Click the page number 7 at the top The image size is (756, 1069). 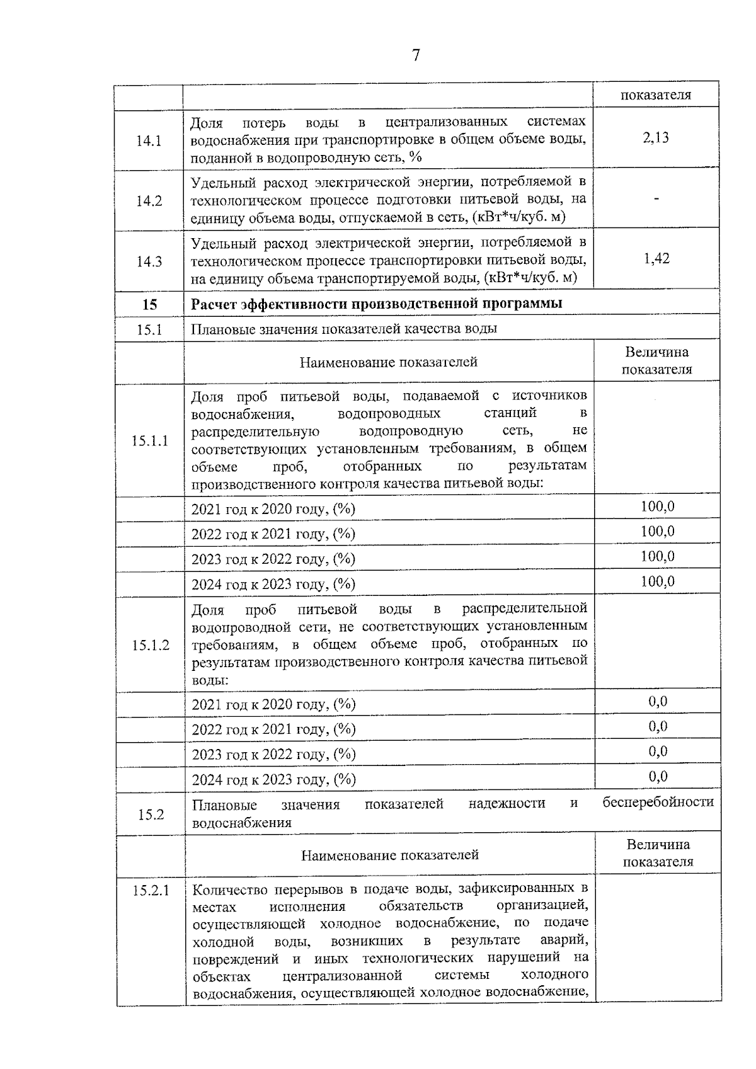tap(416, 56)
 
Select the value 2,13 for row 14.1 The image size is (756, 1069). tap(656, 138)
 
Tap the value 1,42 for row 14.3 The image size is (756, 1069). tap(656, 258)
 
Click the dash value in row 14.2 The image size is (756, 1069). tap(656, 200)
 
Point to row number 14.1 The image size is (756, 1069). tap(149, 140)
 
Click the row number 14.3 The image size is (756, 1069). tap(149, 261)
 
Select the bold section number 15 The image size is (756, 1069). tap(149, 305)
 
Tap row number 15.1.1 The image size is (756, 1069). tap(150, 440)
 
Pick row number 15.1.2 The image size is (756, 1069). tap(150, 645)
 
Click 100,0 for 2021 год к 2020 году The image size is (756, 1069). tap(657, 506)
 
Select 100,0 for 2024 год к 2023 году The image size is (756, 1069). tap(657, 581)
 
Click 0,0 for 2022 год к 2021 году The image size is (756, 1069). tap(658, 726)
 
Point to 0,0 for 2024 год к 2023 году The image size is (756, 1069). tap(658, 776)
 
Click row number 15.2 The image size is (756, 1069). tap(151, 814)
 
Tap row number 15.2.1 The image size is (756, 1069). tap(151, 891)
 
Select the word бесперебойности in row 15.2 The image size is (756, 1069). tap(658, 803)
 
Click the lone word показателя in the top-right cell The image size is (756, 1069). tap(656, 95)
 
